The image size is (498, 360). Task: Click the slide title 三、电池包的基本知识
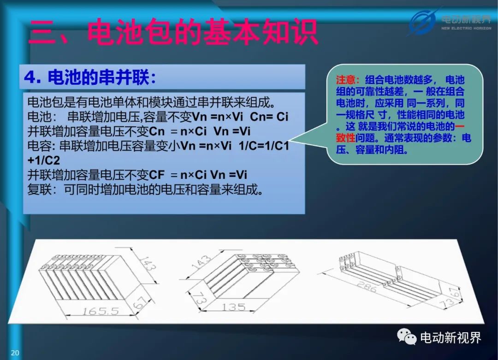pyautogui.click(x=173, y=32)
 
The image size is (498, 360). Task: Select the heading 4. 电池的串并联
pyautogui.click(x=90, y=77)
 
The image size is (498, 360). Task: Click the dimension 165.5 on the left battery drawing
pyautogui.click(x=101, y=311)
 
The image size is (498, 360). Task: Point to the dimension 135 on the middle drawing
pyautogui.click(x=234, y=307)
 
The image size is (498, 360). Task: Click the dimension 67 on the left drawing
pyautogui.click(x=140, y=302)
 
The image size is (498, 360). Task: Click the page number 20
pyautogui.click(x=15, y=352)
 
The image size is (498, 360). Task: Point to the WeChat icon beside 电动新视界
pyautogui.click(x=407, y=337)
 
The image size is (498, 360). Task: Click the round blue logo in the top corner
pyautogui.click(x=422, y=22)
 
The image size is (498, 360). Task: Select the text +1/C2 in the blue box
pyautogui.click(x=43, y=160)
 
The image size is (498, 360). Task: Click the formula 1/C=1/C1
pyautogui.click(x=264, y=146)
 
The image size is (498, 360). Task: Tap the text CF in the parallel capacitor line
pyautogui.click(x=157, y=175)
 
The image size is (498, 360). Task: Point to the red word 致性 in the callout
pyautogui.click(x=346, y=138)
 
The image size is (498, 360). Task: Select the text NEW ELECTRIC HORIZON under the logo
pyautogui.click(x=466, y=28)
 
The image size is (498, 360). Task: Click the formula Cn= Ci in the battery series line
pyautogui.click(x=269, y=117)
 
